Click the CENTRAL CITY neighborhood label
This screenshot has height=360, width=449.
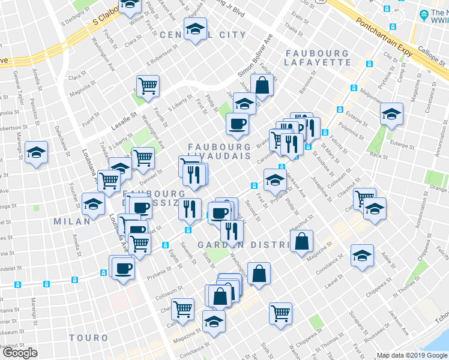[x=203, y=35]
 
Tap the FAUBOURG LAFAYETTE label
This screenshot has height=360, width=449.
[x=316, y=58]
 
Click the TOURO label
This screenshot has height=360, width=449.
[x=88, y=338]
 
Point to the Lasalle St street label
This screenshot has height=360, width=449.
[x=124, y=122]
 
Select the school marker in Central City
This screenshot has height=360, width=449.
[x=195, y=29]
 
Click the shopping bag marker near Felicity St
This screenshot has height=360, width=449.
[x=262, y=85]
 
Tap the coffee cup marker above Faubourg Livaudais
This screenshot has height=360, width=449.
[x=237, y=124]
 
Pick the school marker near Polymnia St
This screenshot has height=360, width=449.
[x=391, y=113]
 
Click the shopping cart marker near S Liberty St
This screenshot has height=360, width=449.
[x=147, y=85]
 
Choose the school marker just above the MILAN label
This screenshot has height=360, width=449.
[x=93, y=205]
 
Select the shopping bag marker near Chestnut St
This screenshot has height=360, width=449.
[x=301, y=241]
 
